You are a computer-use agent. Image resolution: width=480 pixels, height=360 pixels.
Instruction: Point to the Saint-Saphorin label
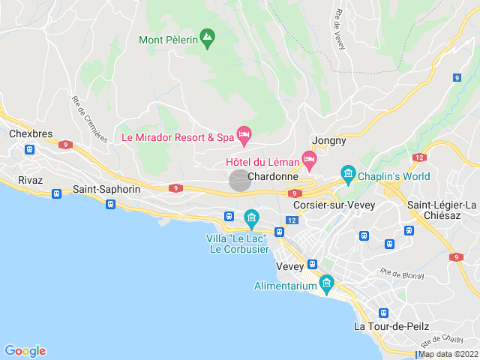coord(106,189)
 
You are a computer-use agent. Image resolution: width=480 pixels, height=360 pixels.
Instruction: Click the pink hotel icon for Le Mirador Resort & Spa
coord(244,134)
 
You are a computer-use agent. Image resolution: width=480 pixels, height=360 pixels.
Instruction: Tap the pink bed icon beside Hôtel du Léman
coord(309,157)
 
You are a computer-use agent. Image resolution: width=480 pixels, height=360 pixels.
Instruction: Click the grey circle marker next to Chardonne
coord(239,180)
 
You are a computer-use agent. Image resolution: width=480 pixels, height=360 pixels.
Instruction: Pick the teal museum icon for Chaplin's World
coord(347,175)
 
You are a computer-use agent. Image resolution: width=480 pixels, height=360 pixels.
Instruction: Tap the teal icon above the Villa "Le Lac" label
coord(251,218)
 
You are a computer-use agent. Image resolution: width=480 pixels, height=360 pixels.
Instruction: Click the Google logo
coord(25,350)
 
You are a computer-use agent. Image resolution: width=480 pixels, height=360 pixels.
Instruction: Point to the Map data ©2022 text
coord(448,354)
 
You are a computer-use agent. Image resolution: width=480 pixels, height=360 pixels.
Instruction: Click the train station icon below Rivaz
coord(56,193)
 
